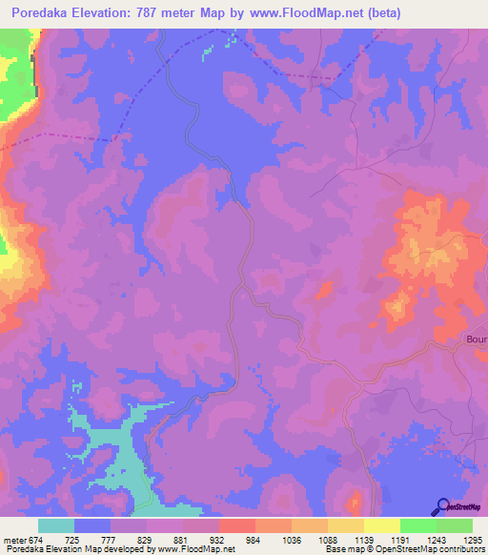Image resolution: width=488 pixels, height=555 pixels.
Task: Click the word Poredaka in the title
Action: pos(44,13)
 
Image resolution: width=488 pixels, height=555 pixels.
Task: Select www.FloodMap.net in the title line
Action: pos(306,13)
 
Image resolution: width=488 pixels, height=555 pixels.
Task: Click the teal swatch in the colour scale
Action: pos(56,525)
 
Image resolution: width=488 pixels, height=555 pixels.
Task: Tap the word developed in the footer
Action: pos(129,549)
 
